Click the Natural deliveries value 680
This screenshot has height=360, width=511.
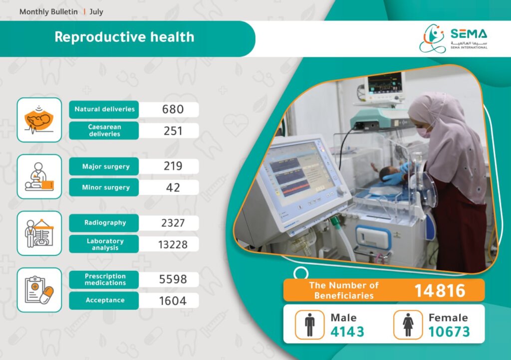pyautogui.click(x=173, y=109)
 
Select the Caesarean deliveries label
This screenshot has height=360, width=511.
pyautogui.click(x=105, y=131)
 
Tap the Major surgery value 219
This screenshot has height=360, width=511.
pyautogui.click(x=173, y=166)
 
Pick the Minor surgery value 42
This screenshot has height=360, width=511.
pyautogui.click(x=173, y=187)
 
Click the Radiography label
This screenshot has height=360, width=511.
pyautogui.click(x=105, y=223)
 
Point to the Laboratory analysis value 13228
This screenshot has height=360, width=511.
pyautogui.click(x=173, y=245)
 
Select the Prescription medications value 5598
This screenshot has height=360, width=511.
pyautogui.click(x=173, y=279)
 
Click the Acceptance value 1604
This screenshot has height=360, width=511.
pyautogui.click(x=173, y=301)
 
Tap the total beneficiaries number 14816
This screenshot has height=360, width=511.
pyautogui.click(x=440, y=291)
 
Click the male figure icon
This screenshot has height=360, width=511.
pyautogui.click(x=309, y=325)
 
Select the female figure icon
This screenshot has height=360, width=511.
pyautogui.click(x=408, y=325)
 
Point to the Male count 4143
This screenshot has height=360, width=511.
pyautogui.click(x=347, y=332)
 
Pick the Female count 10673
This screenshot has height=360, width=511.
pyautogui.click(x=449, y=332)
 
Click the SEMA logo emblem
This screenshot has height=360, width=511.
pyautogui.click(x=433, y=38)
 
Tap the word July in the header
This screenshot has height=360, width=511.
pyautogui.click(x=96, y=12)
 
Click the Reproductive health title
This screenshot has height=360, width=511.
pyautogui.click(x=124, y=37)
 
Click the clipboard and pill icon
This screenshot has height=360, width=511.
pyautogui.click(x=39, y=290)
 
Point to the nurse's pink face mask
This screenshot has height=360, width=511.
pyautogui.click(x=424, y=132)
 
